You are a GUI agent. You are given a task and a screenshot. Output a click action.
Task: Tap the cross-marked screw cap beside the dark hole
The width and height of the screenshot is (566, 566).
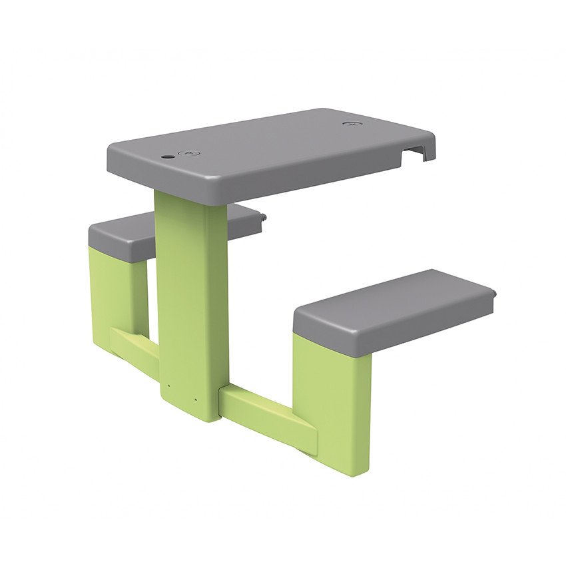click(189, 154)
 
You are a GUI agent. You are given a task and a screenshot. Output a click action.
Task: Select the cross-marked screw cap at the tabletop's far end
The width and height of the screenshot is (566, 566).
click(350, 123)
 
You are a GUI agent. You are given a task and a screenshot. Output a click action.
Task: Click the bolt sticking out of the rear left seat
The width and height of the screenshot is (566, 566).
click(264, 217)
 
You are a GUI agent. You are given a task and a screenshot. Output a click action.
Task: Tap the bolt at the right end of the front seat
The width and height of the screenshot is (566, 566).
click(495, 292)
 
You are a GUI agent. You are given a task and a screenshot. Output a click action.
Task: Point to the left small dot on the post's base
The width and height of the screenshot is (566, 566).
click(168, 385)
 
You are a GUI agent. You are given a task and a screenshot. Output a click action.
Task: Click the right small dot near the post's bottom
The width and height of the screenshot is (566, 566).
click(196, 400)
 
